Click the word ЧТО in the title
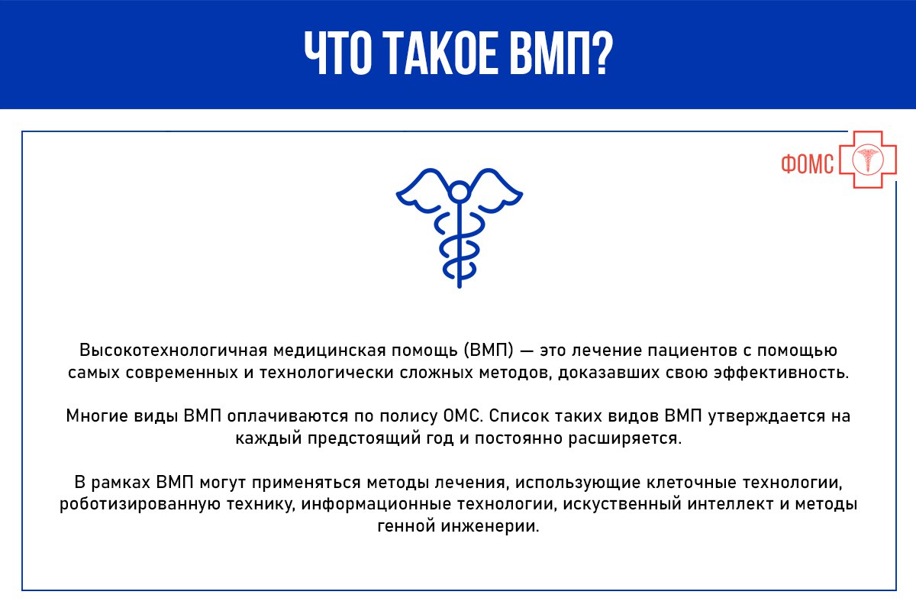coord(337,53)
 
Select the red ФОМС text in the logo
coord(808,164)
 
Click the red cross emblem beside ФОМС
coord(868,160)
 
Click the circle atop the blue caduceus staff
coord(460,192)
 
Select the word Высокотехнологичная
coord(173,351)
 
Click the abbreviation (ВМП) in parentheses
coord(489,351)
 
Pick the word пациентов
coord(692,351)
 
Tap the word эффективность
coord(781,373)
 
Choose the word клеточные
coord(692,483)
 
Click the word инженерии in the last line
coord(490,526)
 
